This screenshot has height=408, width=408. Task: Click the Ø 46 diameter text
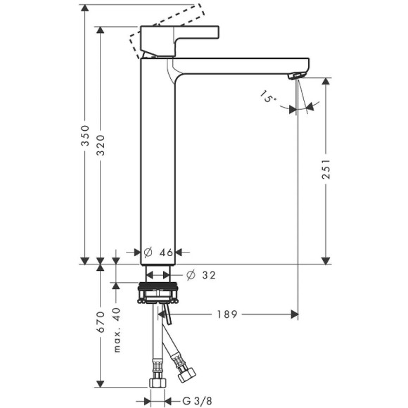point(158,251)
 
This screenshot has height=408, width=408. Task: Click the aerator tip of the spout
point(300,74)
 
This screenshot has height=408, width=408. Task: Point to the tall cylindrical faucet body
point(158,162)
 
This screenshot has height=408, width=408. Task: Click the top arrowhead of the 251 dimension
point(326,82)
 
